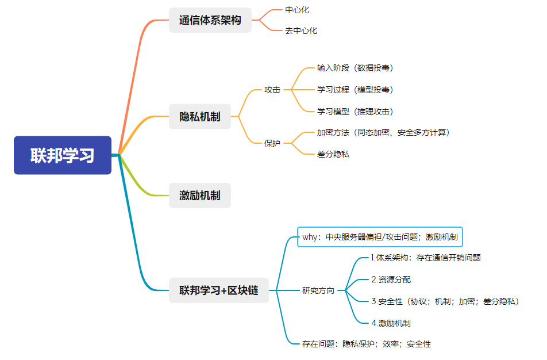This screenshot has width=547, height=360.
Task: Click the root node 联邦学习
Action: click(63, 155)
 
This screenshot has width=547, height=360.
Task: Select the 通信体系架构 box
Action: click(210, 20)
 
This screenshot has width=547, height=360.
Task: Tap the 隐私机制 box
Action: click(200, 117)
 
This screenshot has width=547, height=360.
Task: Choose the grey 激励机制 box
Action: click(200, 196)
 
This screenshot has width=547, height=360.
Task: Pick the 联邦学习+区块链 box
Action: click(219, 290)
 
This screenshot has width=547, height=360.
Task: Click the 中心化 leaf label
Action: click(297, 10)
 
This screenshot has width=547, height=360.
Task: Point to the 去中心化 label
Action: click(301, 30)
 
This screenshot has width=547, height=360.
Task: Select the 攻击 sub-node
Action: click(272, 90)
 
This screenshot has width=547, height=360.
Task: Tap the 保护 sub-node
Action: click(272, 143)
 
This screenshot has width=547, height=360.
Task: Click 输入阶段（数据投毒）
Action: click(355, 68)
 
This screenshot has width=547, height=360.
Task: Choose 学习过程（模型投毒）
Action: click(355, 90)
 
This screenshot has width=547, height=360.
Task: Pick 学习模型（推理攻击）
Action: click(355, 111)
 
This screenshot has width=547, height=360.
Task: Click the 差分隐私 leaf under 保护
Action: click(333, 154)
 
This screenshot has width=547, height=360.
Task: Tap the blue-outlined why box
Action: click(380, 236)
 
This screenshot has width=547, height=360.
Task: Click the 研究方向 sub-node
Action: click(318, 290)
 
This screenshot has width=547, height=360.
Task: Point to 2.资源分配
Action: click(391, 279)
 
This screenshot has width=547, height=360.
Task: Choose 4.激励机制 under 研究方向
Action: click(391, 323)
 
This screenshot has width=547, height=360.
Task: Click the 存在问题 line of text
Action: click(367, 344)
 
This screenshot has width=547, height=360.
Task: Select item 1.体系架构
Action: click(426, 258)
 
